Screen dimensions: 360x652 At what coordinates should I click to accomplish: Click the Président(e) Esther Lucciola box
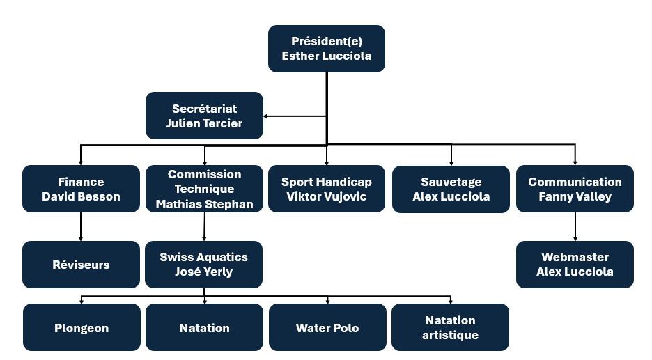pos(326,49)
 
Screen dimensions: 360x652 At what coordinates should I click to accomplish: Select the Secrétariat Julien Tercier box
pos(204,116)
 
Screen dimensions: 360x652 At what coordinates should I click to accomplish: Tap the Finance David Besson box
pos(81,189)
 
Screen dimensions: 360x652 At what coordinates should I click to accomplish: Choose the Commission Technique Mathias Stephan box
pos(204,189)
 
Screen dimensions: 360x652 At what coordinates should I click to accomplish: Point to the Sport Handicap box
pos(326,189)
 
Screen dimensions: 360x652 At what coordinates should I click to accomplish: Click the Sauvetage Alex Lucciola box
pos(451,189)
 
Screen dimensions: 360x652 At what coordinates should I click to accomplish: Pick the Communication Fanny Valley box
pos(575,189)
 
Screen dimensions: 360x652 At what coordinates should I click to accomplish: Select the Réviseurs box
pos(81,265)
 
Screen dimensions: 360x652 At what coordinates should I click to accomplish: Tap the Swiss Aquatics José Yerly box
pos(203,265)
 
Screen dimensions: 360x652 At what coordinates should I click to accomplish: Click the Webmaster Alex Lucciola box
pos(575,265)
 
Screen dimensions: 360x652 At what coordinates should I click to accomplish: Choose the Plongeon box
pos(81,327)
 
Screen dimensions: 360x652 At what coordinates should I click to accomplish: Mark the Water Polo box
pos(327,327)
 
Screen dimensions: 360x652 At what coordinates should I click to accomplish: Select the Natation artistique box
pos(450,327)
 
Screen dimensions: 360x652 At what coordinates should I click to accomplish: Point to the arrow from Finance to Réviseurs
pos(81,226)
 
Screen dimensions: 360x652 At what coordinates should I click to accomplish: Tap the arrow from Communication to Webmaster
pos(575,226)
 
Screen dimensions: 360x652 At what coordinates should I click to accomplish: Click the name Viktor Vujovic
pos(326,196)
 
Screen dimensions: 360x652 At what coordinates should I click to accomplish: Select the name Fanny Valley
pos(575,196)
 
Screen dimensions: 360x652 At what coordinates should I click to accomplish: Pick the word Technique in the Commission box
pos(204,189)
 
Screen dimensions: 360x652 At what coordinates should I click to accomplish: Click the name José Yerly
pos(203,272)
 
